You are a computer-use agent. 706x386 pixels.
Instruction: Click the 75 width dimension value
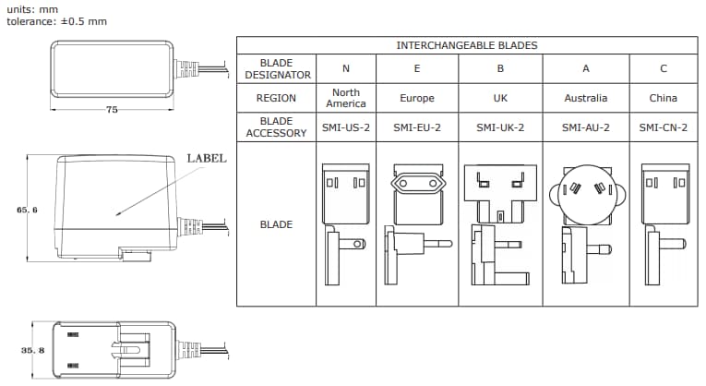(112, 109)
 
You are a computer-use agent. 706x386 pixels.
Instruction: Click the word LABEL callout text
(207, 158)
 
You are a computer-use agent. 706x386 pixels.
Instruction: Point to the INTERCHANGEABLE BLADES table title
(467, 44)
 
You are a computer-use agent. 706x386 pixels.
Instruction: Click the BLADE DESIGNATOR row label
(276, 68)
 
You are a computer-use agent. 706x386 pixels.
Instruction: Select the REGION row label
(276, 98)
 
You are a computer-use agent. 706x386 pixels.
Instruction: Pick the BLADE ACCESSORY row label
(276, 127)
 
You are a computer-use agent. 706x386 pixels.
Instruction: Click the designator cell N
(346, 68)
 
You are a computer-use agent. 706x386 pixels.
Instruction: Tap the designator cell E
(417, 68)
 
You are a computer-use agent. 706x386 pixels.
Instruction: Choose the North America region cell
(346, 98)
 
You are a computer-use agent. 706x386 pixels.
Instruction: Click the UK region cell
(500, 98)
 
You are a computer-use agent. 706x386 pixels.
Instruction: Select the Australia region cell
(586, 98)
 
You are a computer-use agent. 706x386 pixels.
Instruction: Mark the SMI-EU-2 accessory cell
(417, 127)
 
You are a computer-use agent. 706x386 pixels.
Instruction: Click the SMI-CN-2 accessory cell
(664, 127)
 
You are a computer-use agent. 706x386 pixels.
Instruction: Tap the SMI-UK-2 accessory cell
(500, 127)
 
